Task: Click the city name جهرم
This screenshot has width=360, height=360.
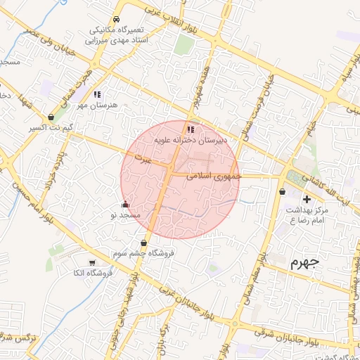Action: point(304,263)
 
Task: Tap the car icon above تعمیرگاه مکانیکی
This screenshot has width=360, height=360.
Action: point(115,20)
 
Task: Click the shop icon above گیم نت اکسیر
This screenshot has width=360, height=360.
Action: point(51,117)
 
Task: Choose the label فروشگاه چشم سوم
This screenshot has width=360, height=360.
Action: point(144,252)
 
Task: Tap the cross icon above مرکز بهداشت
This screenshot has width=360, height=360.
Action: point(307,200)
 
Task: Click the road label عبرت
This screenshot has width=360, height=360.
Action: point(143,160)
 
